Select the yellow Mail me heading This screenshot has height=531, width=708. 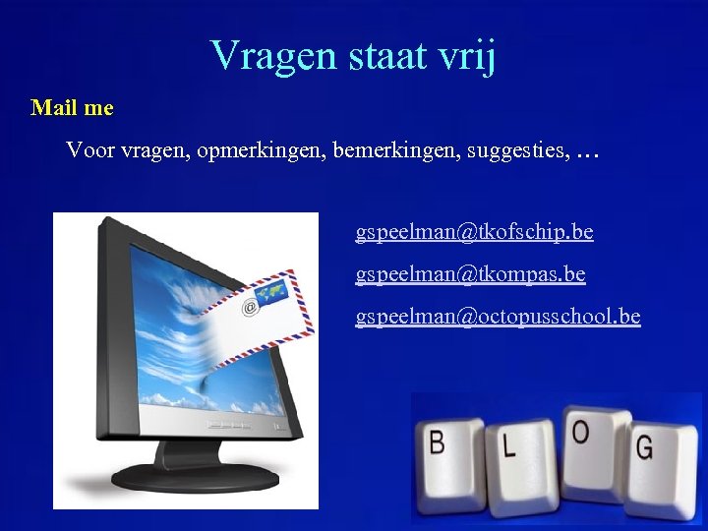[x=72, y=107]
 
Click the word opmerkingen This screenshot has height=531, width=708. [x=260, y=151]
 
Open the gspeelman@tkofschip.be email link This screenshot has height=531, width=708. [x=474, y=232]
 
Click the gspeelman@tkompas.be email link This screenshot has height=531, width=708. [x=470, y=274]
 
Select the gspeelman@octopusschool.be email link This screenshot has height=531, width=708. [x=498, y=317]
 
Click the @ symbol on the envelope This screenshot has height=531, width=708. [x=250, y=308]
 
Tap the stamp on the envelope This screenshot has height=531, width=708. [x=271, y=292]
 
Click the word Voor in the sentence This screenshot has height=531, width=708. [x=90, y=151]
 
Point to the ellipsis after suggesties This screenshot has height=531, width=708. [x=587, y=153]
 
